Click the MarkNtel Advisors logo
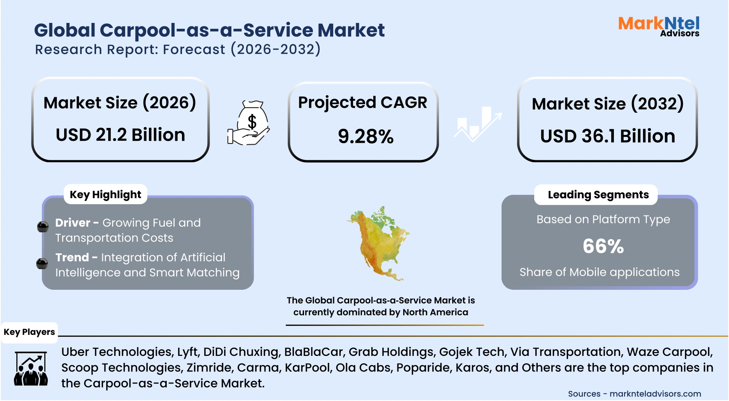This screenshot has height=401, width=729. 659,26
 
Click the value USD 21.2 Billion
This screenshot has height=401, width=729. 120,135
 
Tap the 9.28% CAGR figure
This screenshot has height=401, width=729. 365,137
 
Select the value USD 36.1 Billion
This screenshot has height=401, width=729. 607,136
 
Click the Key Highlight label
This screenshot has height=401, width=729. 105,194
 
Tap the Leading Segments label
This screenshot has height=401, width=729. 598,194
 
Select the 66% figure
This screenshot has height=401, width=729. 603,246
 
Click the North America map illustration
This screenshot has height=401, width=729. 378,243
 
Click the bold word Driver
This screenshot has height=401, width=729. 73,222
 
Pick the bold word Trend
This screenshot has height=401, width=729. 72,257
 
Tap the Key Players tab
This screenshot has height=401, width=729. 29,332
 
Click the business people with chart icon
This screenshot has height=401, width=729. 31,368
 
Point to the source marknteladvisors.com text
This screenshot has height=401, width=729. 655,394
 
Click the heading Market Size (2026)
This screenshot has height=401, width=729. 120,103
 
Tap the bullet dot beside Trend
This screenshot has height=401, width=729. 42,264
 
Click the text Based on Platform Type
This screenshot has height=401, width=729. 603,219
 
